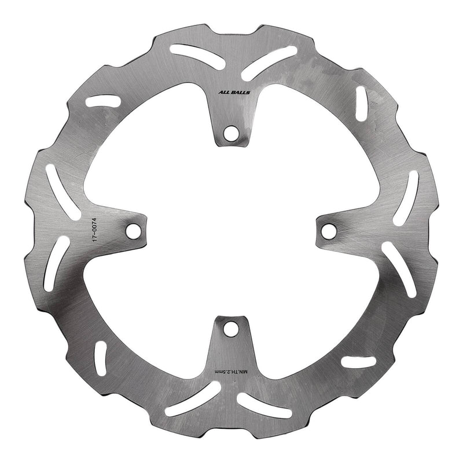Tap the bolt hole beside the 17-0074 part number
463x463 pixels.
point(134,230)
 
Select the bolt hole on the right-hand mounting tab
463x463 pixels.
point(329,230)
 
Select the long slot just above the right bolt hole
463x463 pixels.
point(407,197)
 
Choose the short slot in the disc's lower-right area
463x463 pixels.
point(358,362)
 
